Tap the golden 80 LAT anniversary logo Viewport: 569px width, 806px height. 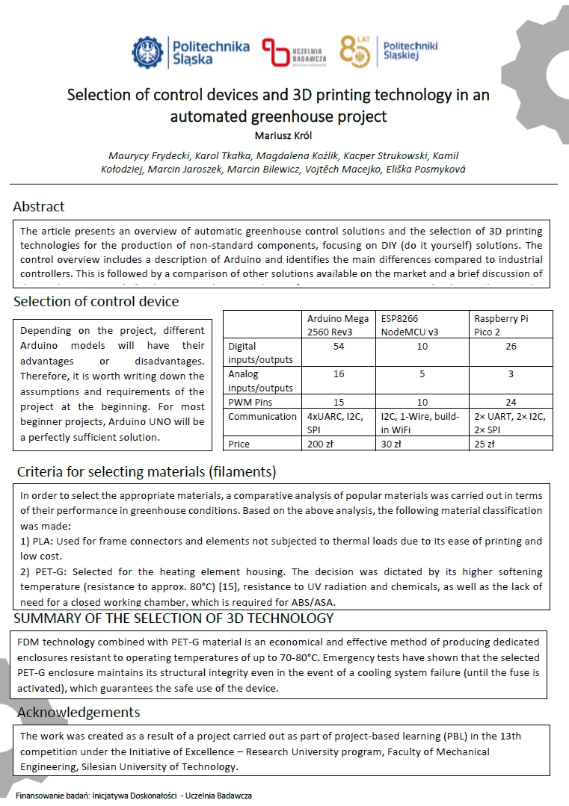[x=355, y=51]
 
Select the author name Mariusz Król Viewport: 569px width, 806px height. [x=279, y=135]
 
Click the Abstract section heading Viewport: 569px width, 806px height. [x=39, y=206]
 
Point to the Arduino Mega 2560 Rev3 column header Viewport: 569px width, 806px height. [x=338, y=324]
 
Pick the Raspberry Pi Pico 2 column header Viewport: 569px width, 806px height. [x=501, y=324]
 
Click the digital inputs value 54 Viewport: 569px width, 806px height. [x=338, y=346]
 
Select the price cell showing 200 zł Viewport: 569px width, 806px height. [x=319, y=444]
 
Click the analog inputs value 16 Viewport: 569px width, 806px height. [x=338, y=374]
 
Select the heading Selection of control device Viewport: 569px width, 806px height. [x=96, y=302]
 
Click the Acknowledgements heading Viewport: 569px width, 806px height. [x=79, y=711]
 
